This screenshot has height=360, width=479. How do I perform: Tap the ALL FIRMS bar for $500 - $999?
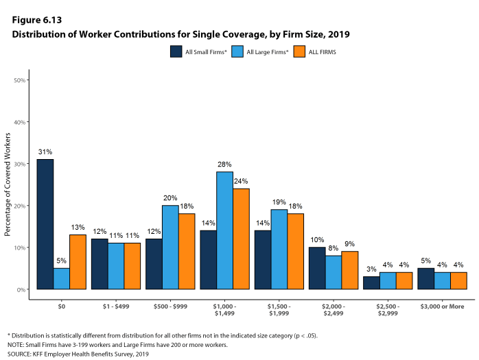click(187, 252)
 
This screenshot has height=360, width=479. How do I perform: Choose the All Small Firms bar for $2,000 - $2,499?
click(317, 268)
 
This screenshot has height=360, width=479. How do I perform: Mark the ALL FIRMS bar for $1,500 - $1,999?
click(296, 252)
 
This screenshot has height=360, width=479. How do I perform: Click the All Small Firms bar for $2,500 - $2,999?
click(371, 283)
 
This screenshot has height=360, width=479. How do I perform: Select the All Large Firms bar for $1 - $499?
click(116, 266)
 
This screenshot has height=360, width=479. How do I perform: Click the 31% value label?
click(45, 152)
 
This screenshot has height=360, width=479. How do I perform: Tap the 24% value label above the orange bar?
click(242, 181)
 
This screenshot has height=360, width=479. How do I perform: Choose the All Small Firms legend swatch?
click(176, 52)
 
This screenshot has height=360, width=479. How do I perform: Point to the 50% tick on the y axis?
click(20, 80)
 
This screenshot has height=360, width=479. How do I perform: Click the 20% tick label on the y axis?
click(20, 206)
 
